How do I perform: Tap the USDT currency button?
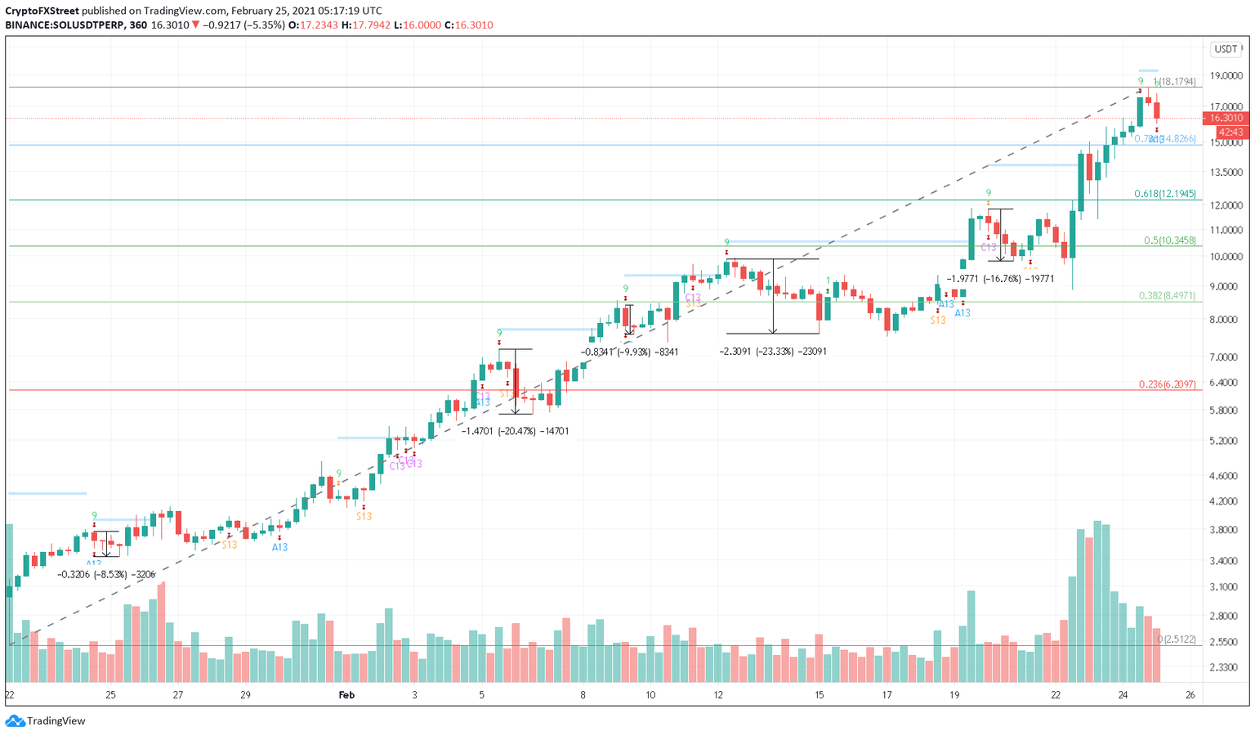click(x=1226, y=49)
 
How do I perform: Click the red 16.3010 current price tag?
click(x=1226, y=118)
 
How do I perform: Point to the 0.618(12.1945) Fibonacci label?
click(x=1164, y=194)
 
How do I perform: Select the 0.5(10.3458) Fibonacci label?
click(x=1169, y=240)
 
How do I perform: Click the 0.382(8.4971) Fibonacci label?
click(x=1167, y=295)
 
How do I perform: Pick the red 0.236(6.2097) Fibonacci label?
click(x=1167, y=384)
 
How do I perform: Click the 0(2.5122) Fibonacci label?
click(x=1177, y=639)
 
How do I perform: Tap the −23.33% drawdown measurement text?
click(x=773, y=352)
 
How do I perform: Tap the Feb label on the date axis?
click(x=346, y=695)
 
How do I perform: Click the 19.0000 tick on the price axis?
click(x=1226, y=76)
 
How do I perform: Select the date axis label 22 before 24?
click(x=1056, y=695)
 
